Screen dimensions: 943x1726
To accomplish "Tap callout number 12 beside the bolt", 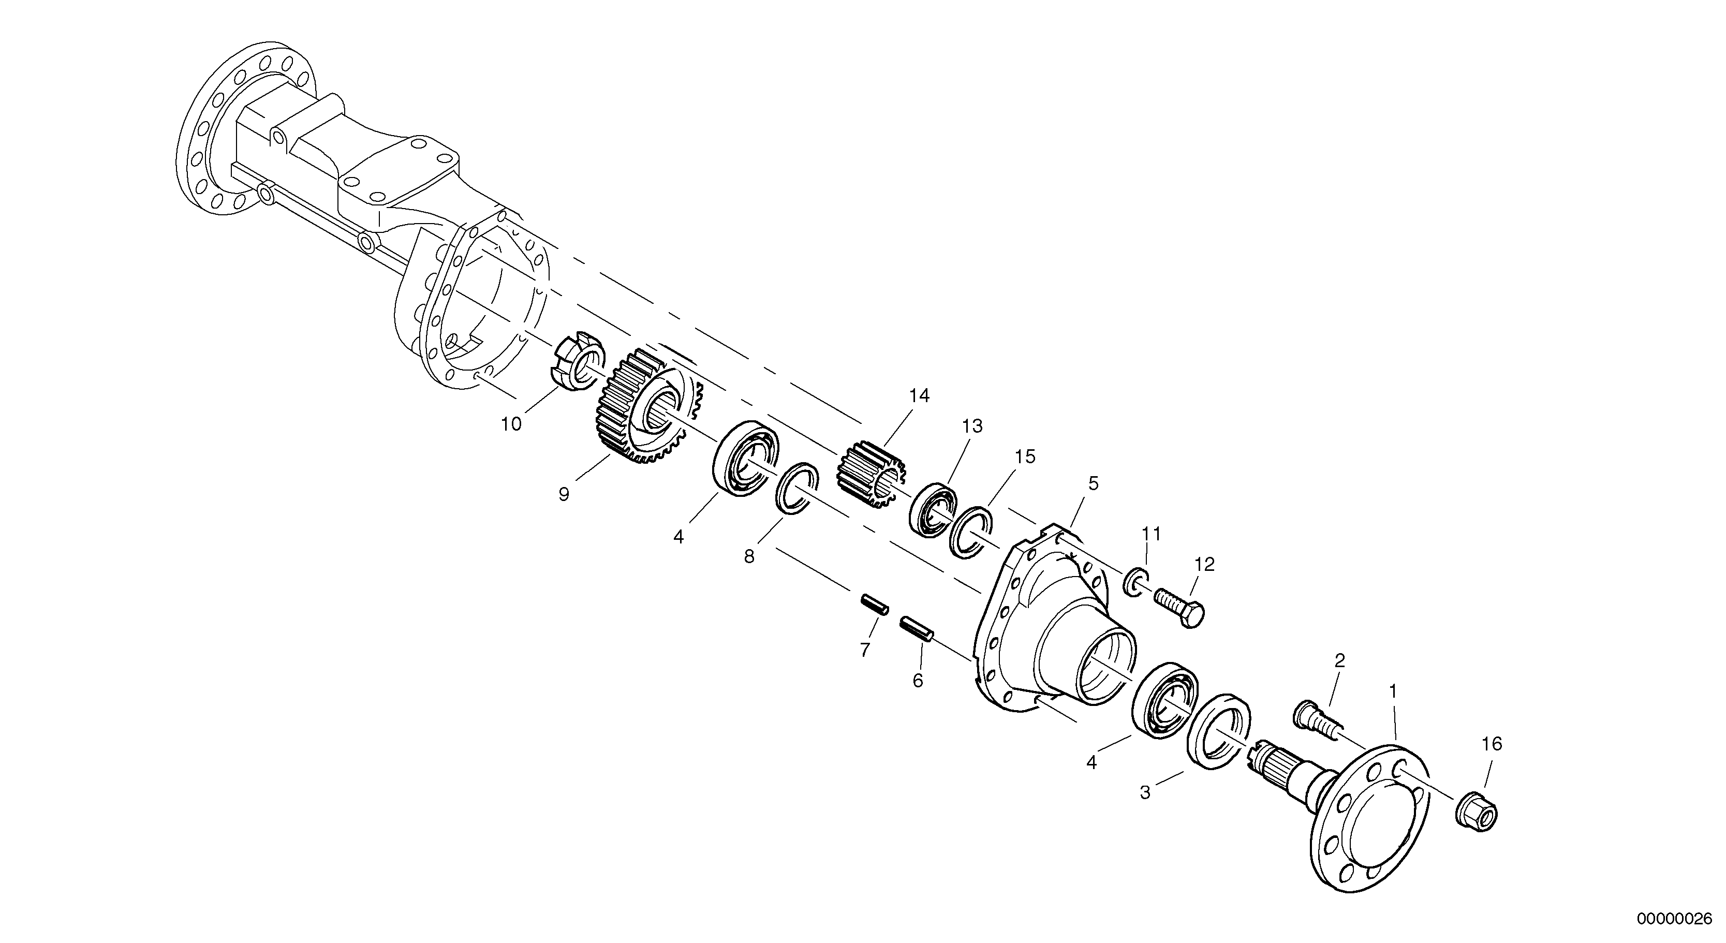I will pos(1204,565).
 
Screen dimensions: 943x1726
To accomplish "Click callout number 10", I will pos(511,424).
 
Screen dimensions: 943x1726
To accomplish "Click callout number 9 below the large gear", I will pos(564,495).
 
